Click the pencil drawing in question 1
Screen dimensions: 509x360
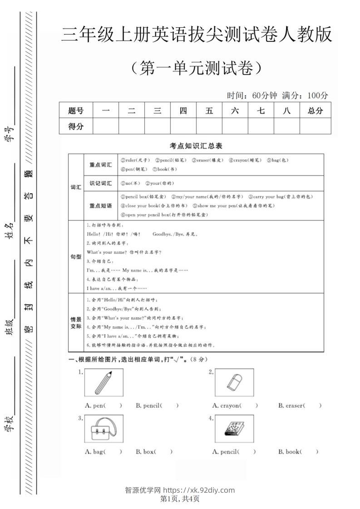(x=104, y=383)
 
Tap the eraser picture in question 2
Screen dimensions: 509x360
(x=234, y=383)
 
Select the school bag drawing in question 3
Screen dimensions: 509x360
(x=104, y=429)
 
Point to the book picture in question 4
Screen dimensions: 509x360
(x=234, y=429)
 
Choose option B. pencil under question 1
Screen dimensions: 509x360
(x=157, y=406)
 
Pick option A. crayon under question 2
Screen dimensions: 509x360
(x=235, y=406)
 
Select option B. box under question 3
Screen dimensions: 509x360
(x=154, y=451)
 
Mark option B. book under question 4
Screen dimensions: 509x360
(x=298, y=451)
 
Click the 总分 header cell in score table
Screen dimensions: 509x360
(x=315, y=110)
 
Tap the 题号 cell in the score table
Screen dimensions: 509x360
(x=76, y=110)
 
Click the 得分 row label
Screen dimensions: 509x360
(x=76, y=127)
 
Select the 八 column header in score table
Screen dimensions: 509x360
(x=286, y=110)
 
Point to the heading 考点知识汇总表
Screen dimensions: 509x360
(x=196, y=146)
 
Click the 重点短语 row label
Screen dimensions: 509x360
(x=100, y=206)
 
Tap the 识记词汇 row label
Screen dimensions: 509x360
(x=100, y=183)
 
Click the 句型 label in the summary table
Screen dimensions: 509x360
(x=76, y=257)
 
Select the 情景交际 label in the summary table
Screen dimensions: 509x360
(x=76, y=323)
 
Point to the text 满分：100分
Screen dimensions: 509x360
(x=305, y=96)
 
